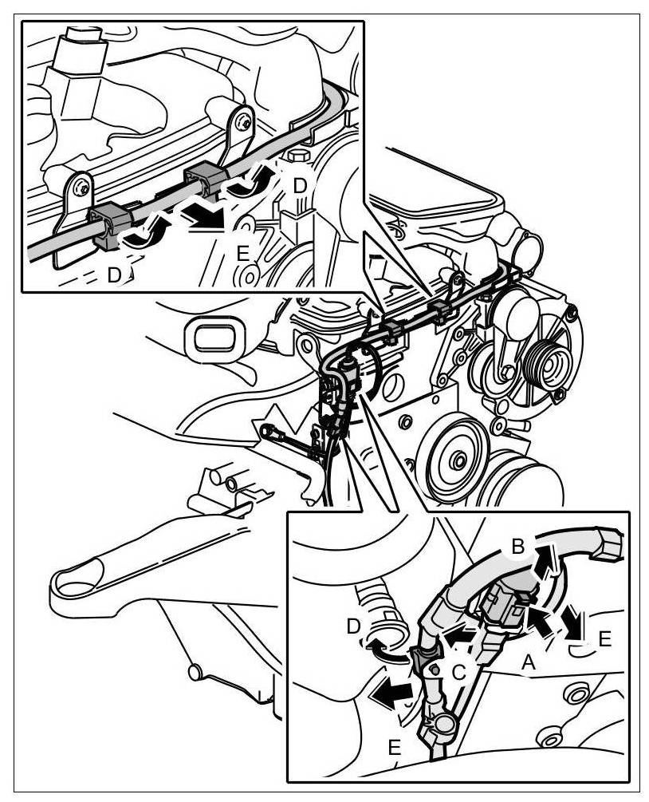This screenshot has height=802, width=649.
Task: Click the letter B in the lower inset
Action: (517, 547)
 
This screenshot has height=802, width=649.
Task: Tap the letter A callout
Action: (526, 661)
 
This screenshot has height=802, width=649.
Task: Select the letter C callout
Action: (459, 672)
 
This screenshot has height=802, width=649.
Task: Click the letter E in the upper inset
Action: (243, 253)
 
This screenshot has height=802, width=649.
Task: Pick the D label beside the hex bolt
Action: (300, 185)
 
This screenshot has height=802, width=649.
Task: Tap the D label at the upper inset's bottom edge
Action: (116, 275)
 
